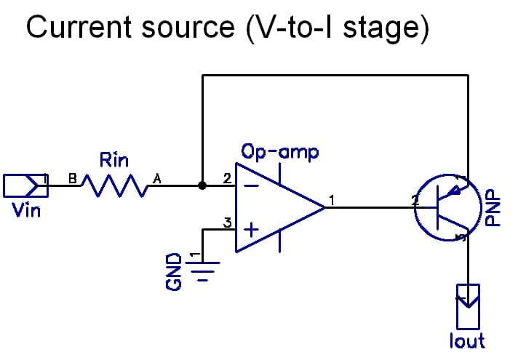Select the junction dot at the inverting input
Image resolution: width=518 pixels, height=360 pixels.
coord(202,185)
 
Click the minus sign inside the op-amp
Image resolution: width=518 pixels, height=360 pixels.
coord(250,186)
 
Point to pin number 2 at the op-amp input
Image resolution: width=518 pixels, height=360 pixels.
coord(226,178)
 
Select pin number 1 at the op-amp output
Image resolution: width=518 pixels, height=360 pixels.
coord(332,199)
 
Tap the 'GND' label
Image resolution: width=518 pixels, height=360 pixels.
coord(173,271)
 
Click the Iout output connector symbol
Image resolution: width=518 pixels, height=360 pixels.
coord(468,305)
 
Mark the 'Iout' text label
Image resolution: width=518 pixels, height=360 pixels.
coord(467,340)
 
